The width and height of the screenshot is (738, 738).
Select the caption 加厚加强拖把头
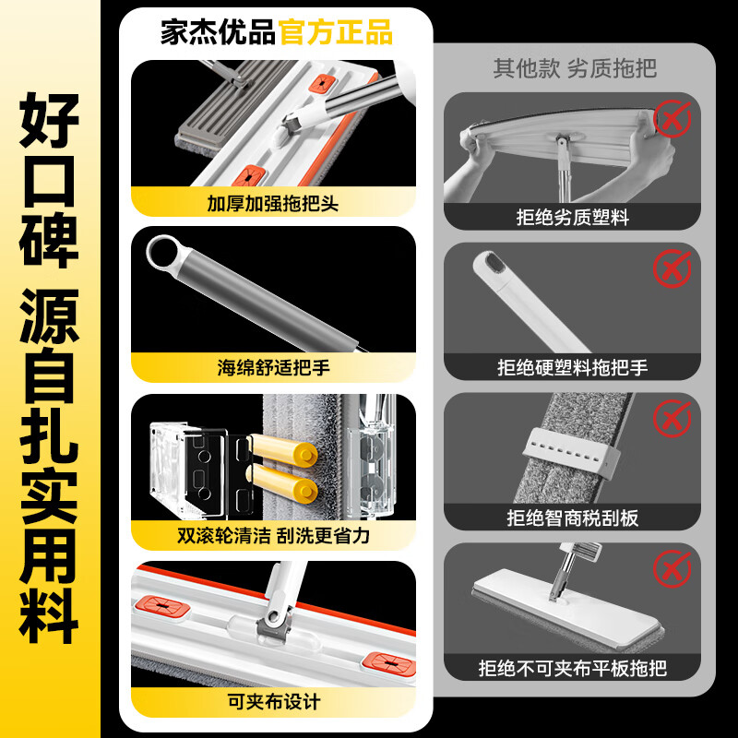point(273,202)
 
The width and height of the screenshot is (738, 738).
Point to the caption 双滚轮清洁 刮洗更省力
point(273,536)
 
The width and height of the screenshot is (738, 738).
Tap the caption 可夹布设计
point(273,702)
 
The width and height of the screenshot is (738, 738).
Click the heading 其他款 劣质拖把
point(575,69)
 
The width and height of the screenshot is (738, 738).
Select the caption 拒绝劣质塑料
point(573,218)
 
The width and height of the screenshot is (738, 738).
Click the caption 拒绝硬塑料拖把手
point(573,367)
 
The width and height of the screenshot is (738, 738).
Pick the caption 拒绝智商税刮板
point(573,518)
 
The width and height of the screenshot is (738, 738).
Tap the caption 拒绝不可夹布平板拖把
point(573,667)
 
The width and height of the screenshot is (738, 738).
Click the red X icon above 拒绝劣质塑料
point(673,118)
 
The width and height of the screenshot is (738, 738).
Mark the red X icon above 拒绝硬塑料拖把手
point(673,268)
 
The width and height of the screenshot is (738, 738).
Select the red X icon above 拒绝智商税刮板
point(673,418)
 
